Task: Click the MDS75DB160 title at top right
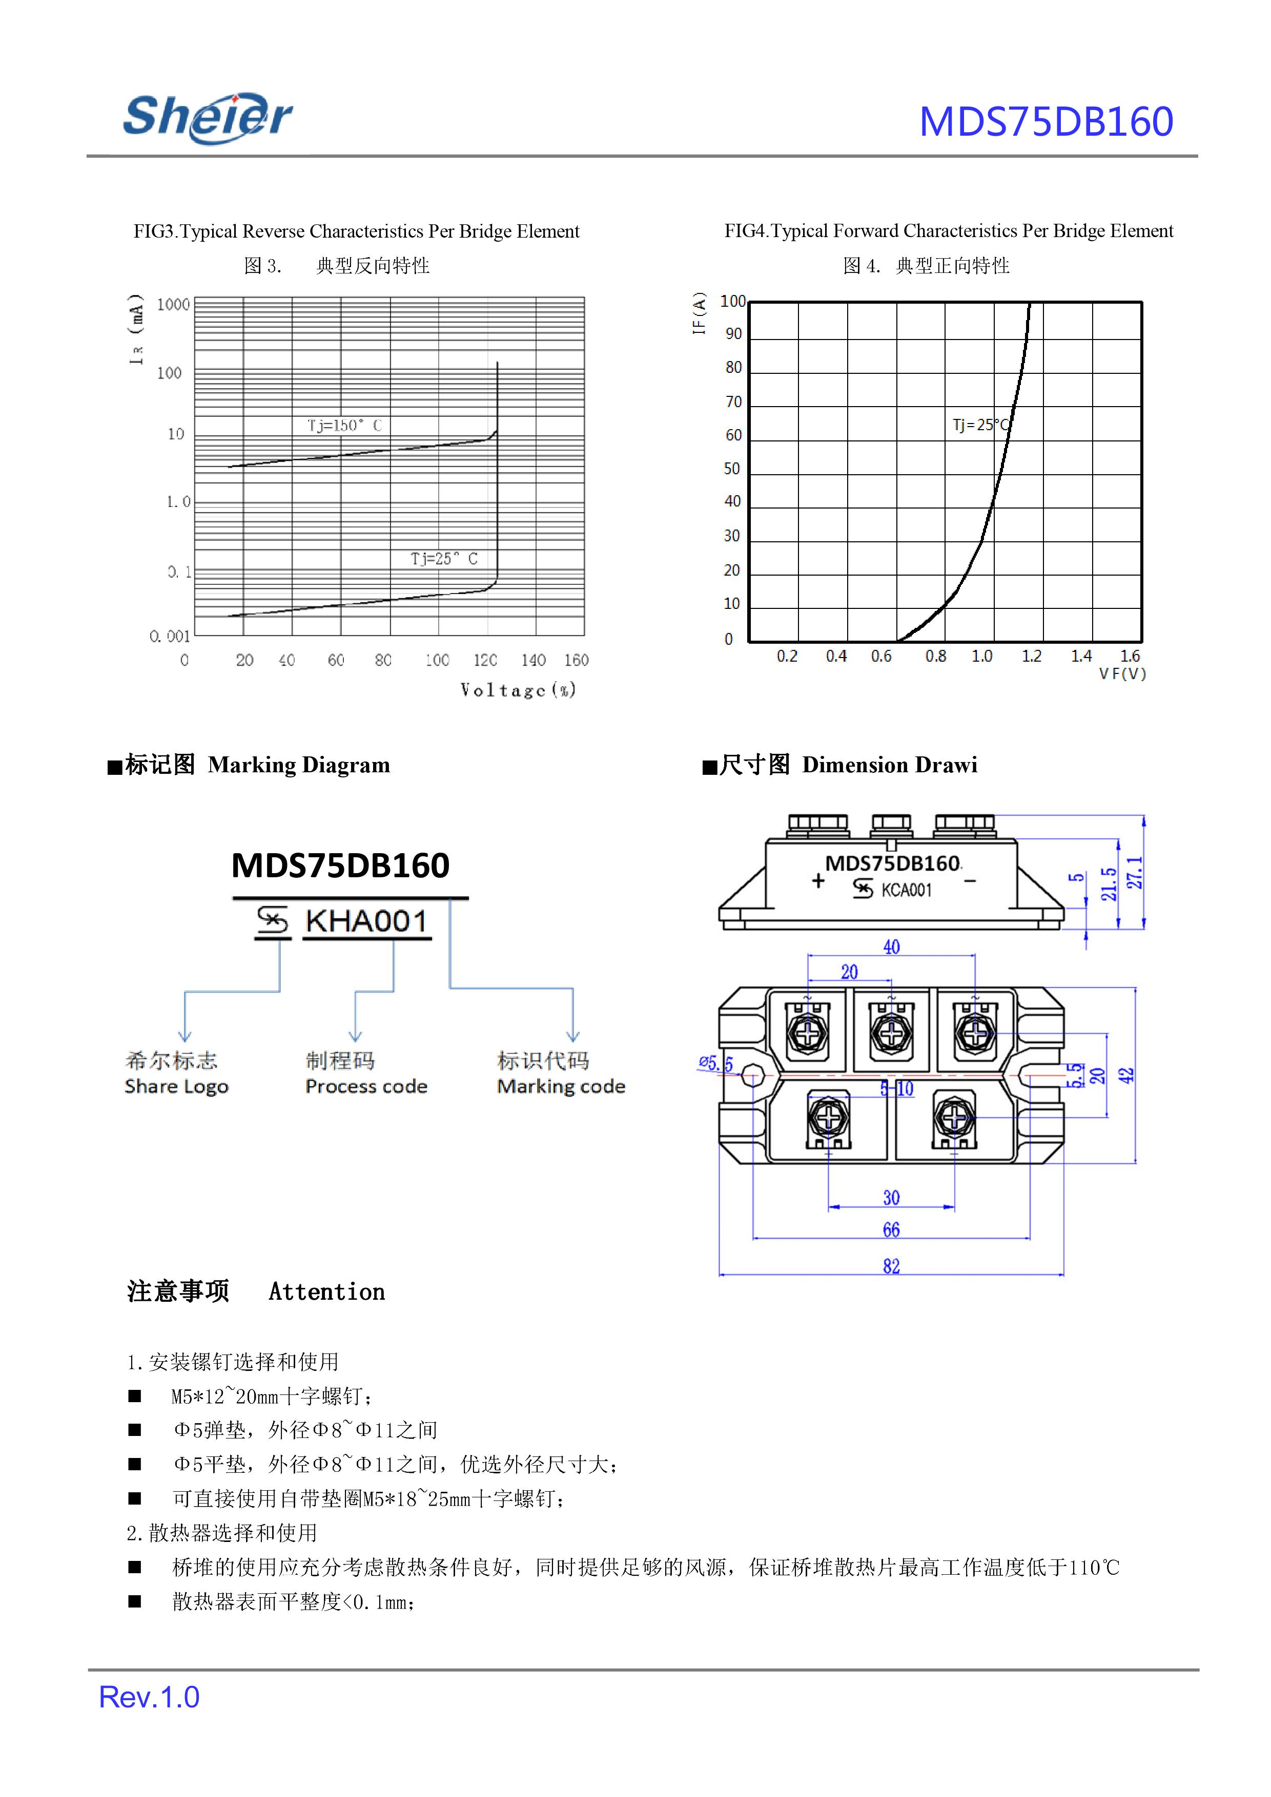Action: point(1045,122)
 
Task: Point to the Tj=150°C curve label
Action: point(344,426)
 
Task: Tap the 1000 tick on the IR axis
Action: point(173,305)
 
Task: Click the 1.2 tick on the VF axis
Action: point(1031,657)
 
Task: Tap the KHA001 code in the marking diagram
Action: point(366,921)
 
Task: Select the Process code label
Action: point(366,1086)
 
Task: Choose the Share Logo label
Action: point(176,1086)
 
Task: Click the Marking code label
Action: point(561,1086)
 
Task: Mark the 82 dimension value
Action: point(891,1266)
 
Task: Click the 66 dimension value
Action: point(891,1230)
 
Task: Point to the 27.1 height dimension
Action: point(1135,873)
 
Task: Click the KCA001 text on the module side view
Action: point(906,890)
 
